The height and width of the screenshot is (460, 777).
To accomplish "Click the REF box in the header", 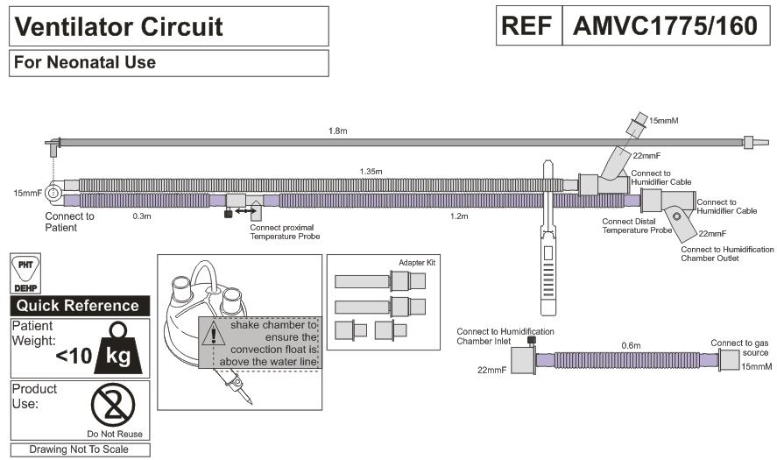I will pyautogui.click(x=529, y=26).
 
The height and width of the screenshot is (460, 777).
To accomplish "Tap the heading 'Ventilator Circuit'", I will pyautogui.click(x=119, y=27).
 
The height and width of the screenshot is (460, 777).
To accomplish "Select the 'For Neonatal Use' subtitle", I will pyautogui.click(x=84, y=62).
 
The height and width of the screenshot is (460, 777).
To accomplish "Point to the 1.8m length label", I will pyautogui.click(x=338, y=131).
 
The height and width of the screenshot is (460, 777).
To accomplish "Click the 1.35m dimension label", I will pyautogui.click(x=371, y=172).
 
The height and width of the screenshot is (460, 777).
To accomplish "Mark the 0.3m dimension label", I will pyautogui.click(x=139, y=215).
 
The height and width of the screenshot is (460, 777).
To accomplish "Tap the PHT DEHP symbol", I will pyautogui.click(x=24, y=274).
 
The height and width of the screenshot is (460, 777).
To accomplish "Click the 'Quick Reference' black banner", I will pyautogui.click(x=78, y=306).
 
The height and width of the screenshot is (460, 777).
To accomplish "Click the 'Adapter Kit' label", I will pyautogui.click(x=416, y=262).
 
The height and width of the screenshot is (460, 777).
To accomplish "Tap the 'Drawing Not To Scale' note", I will pyautogui.click(x=79, y=449).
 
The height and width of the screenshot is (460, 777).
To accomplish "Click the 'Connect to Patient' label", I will pyautogui.click(x=69, y=221).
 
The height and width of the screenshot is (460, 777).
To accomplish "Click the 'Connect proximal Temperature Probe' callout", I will pyautogui.click(x=285, y=231).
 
